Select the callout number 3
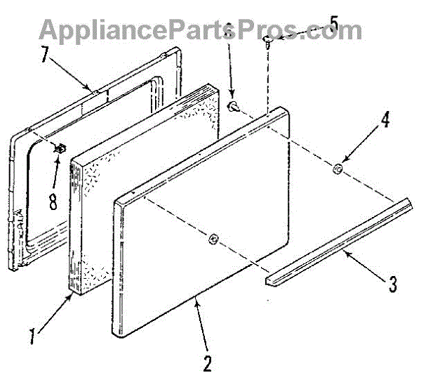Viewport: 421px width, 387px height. pyautogui.click(x=392, y=285)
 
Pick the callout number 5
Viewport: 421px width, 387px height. pyautogui.click(x=332, y=25)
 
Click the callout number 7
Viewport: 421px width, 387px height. pyautogui.click(x=44, y=55)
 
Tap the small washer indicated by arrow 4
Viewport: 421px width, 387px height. pyautogui.click(x=338, y=169)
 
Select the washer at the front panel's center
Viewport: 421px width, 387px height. pyautogui.click(x=214, y=240)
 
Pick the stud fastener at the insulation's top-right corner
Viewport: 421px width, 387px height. pyautogui.click(x=232, y=105)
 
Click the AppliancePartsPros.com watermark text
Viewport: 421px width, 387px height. pyautogui.click(x=200, y=30)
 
